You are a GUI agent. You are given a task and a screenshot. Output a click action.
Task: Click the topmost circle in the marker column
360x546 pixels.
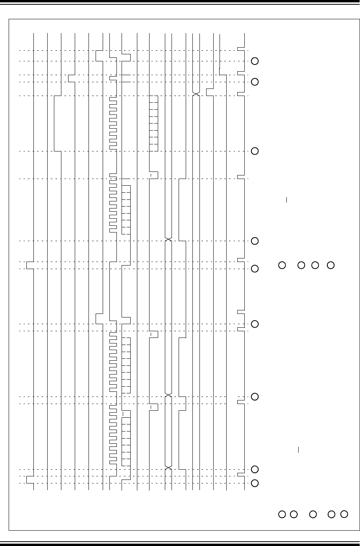(x=255, y=61)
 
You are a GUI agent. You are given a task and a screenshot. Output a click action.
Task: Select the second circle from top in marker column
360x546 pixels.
(x=255, y=82)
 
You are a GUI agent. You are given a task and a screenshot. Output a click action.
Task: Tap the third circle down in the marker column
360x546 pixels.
(x=255, y=151)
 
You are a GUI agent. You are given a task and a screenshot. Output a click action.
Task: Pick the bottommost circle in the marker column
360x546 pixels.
(x=255, y=483)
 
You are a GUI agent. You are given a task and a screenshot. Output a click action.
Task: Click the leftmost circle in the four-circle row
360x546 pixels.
(x=282, y=265)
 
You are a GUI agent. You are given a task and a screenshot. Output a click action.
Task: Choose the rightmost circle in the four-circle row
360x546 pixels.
(x=331, y=265)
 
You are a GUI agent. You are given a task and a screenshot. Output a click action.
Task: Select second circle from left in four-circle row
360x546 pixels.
(x=301, y=265)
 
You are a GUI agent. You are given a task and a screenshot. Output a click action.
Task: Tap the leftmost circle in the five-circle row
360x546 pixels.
(x=282, y=514)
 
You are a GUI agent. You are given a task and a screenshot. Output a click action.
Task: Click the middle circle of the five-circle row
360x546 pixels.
(x=313, y=514)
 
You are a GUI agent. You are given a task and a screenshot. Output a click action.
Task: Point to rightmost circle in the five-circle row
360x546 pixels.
(x=344, y=514)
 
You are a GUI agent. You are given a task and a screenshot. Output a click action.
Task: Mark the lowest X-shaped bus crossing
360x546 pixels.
(x=168, y=467)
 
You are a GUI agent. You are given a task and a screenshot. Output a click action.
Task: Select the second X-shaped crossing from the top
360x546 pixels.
(x=168, y=239)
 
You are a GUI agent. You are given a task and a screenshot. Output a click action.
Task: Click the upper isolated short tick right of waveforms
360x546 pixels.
(x=287, y=200)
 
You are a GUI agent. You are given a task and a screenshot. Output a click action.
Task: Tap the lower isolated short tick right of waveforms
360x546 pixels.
(x=299, y=449)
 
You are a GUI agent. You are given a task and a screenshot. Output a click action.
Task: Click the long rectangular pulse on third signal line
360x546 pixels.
(x=57, y=123)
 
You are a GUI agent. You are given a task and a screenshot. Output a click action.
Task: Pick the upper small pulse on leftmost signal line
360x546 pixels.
(x=30, y=265)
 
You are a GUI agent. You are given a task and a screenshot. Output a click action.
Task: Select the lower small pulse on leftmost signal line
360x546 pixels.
(x=30, y=480)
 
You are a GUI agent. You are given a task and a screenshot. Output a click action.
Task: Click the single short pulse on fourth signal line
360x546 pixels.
(x=71, y=78)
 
